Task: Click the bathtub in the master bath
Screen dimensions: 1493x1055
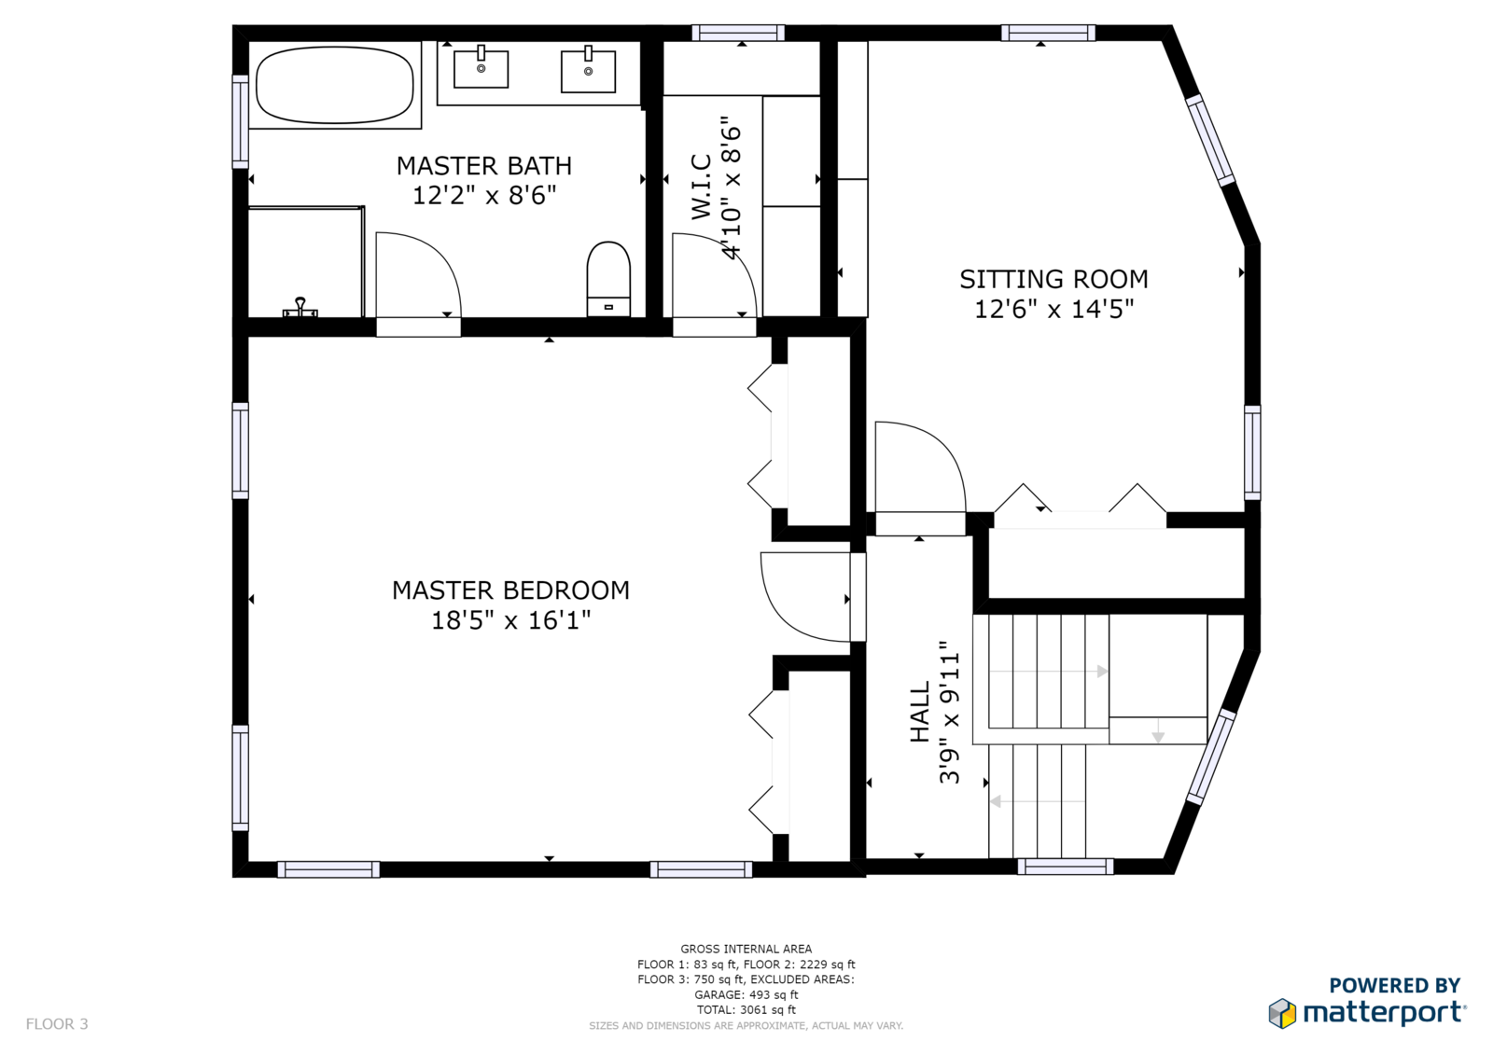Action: pos(335,85)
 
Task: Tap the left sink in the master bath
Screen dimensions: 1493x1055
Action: pos(481,68)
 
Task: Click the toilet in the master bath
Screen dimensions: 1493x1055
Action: pos(608,279)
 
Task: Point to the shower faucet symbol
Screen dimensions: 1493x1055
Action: pos(300,308)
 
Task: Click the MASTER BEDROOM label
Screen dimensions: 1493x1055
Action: pos(510,590)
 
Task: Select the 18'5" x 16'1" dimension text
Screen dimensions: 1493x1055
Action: pos(511,620)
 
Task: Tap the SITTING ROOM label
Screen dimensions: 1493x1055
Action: pos(1053,279)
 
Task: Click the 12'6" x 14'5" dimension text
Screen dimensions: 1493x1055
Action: pos(1053,310)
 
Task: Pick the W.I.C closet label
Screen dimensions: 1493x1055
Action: pos(701,187)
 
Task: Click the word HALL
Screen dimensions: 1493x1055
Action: pos(920,712)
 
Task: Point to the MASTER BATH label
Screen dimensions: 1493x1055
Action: pos(484,166)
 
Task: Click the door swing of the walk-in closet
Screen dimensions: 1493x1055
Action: pos(714,274)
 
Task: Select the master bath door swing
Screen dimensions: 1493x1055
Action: pos(418,274)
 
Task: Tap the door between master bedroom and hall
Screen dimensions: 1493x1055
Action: pos(805,596)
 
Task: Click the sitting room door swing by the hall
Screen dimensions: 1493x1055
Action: pos(920,466)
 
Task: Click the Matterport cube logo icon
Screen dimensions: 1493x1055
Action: pos(1282,1013)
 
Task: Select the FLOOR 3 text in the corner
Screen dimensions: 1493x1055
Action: pos(57,1023)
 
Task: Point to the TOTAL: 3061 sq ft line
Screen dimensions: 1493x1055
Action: pos(746,1009)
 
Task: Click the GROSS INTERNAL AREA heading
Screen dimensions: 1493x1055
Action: pos(746,949)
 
